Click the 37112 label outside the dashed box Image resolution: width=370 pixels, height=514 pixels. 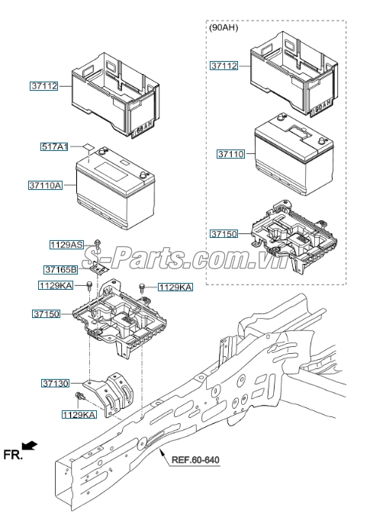(x=44, y=86)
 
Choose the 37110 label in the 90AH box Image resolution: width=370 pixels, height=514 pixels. (x=230, y=153)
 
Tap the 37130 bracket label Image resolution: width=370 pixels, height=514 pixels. (x=56, y=384)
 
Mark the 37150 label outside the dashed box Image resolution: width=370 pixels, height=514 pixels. (x=45, y=313)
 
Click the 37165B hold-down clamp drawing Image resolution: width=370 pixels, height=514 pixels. (x=97, y=265)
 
